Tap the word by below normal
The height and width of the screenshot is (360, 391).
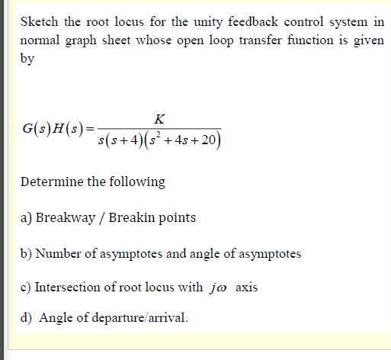coord(27,59)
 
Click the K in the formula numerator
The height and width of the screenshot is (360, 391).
coord(159,118)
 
